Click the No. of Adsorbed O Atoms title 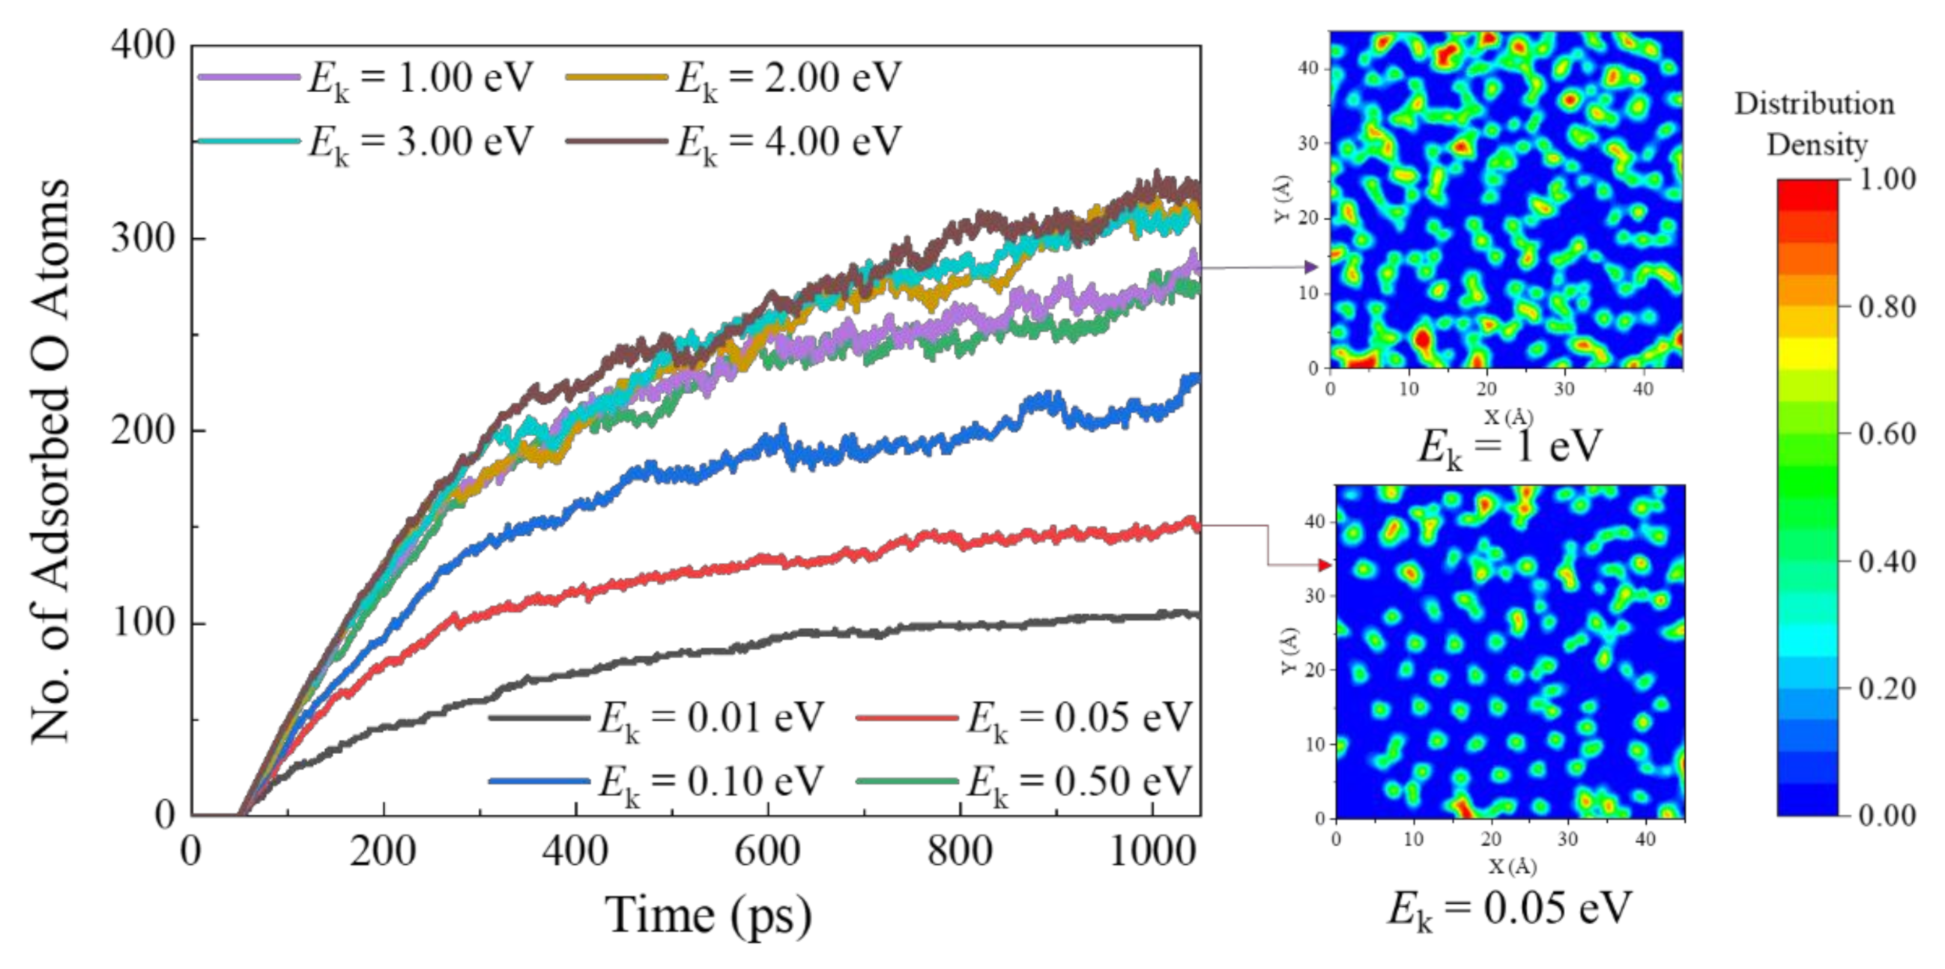click(x=52, y=461)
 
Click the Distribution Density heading click(x=1815, y=124)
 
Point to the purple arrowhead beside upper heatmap click(x=1311, y=267)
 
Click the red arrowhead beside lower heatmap click(x=1325, y=565)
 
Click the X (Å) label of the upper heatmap click(x=1509, y=416)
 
